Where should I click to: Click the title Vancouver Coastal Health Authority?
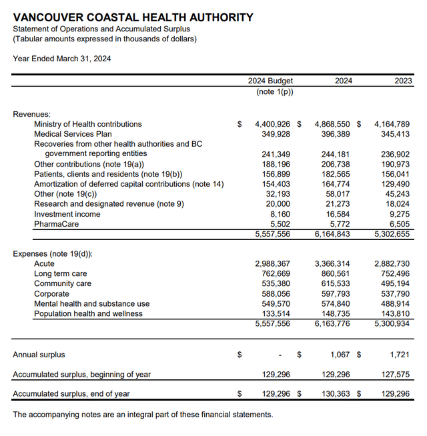133,17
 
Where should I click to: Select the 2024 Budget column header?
270,81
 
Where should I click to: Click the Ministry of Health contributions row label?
87,124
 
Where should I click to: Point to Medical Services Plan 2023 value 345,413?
392,134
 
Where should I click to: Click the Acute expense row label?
44,264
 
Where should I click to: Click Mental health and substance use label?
91,304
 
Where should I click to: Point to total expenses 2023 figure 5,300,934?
392,324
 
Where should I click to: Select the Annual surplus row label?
39,355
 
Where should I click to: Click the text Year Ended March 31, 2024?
62,59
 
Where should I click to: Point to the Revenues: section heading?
31,114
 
